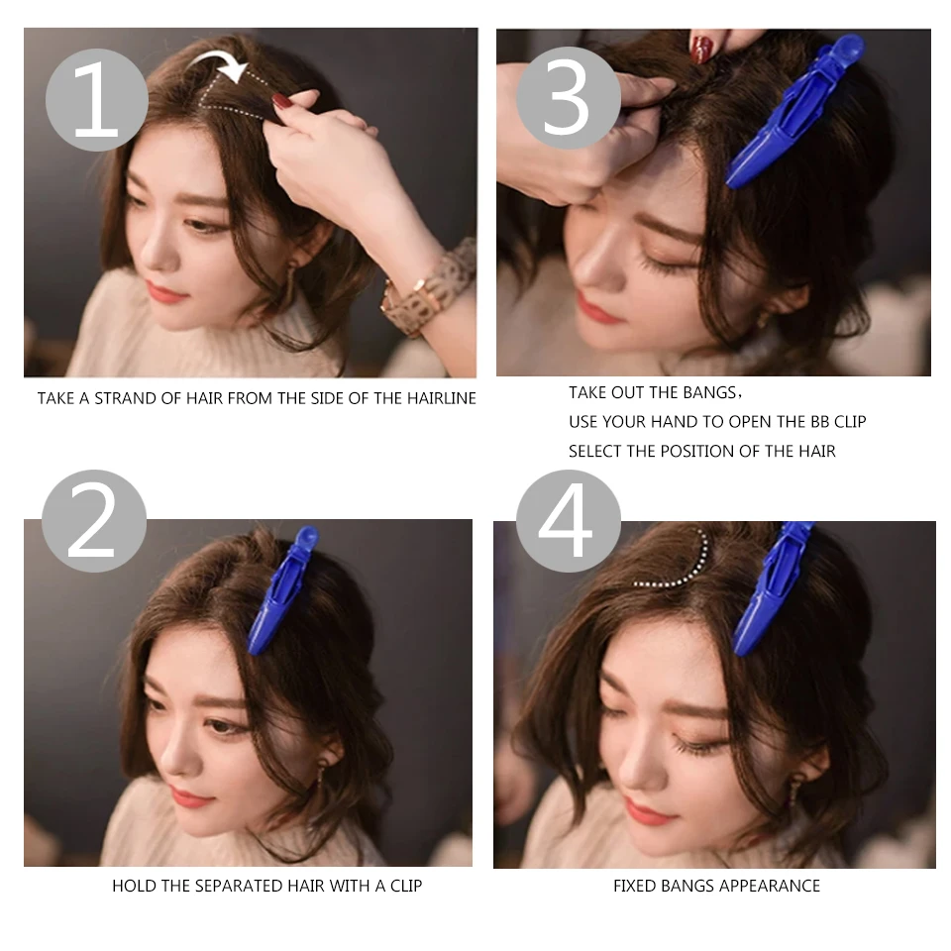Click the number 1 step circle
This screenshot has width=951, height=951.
click(x=96, y=100)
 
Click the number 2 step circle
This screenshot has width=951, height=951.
click(x=94, y=521)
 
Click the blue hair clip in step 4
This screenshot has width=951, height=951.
click(x=773, y=589)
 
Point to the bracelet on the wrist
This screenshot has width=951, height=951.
click(x=431, y=289)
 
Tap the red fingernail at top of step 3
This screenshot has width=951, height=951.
click(x=701, y=48)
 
